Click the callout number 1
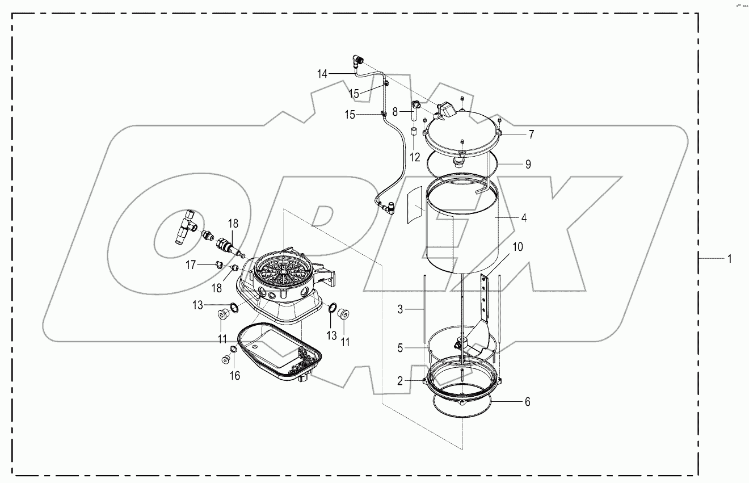(730, 259)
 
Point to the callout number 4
(524, 217)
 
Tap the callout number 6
(527, 401)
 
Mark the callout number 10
(517, 247)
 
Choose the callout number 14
(322, 73)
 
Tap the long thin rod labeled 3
(424, 306)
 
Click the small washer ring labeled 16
(233, 348)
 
